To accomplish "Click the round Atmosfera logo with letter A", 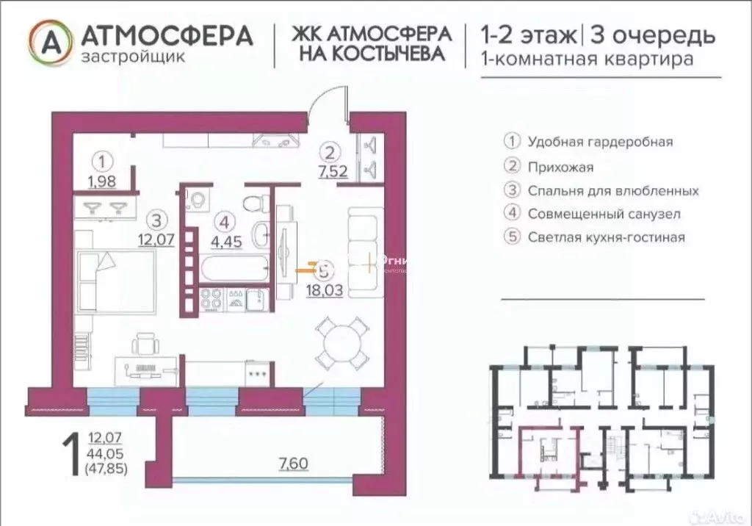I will [x=50, y=41].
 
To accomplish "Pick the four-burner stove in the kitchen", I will [x=212, y=298].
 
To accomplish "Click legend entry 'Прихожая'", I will [x=560, y=167].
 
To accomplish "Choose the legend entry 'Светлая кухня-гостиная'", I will [x=606, y=237].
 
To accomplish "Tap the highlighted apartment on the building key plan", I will [x=548, y=455].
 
